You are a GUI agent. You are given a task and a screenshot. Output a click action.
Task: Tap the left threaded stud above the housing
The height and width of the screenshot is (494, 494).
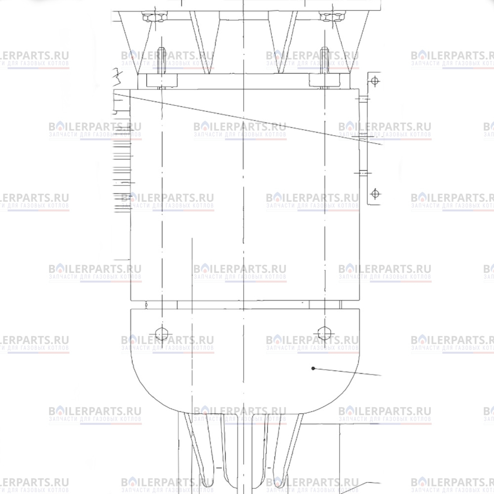(x=161, y=68)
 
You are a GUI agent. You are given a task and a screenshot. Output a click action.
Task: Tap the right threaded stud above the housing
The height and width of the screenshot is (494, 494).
(x=324, y=68)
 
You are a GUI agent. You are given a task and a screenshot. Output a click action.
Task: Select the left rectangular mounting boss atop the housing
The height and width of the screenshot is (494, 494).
(x=162, y=80)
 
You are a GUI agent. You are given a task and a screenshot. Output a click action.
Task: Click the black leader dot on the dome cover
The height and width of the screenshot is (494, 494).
(x=313, y=368)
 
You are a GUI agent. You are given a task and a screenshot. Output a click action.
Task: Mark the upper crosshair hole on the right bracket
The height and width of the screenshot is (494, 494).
(x=375, y=81)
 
